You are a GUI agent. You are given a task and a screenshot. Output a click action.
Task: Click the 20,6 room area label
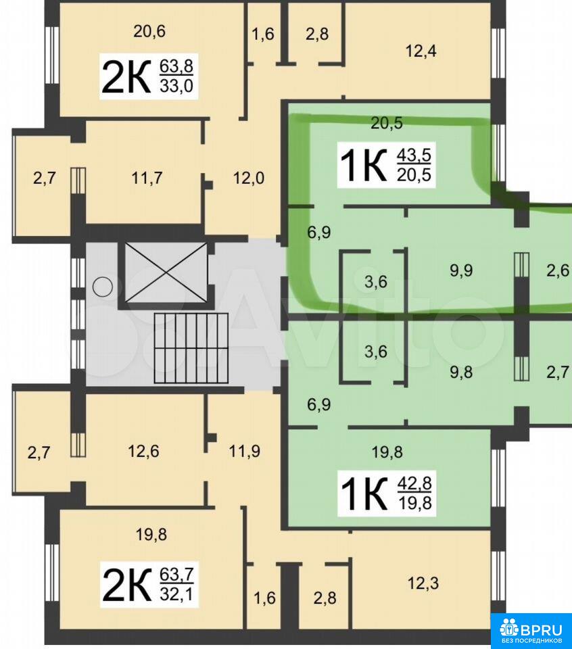pos(149,32)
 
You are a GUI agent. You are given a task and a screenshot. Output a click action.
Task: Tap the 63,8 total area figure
pos(176,66)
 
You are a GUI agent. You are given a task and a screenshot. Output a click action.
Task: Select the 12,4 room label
pos(421,51)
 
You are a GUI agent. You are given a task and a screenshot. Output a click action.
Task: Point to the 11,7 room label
pos(147,178)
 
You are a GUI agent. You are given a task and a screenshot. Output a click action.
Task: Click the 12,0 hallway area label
pos(248,178)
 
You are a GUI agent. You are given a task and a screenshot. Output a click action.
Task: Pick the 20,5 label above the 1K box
pos(387,123)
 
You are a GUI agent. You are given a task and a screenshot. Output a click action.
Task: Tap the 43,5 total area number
pos(414,155)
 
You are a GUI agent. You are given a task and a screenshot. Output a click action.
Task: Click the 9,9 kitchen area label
pos(461,270)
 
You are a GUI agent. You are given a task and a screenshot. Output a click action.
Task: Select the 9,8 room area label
pos(461,372)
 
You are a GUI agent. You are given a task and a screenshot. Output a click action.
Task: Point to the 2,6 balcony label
pos(558,270)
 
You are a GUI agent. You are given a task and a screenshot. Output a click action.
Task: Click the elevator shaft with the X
pos(166,272)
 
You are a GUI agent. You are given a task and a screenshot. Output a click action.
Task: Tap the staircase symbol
pos(191,348)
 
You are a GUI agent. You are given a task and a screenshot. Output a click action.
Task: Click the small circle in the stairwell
pos(102,287)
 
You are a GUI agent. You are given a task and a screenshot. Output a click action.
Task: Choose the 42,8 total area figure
pos(414,483)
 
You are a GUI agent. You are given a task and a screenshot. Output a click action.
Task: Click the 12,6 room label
pos(143,451)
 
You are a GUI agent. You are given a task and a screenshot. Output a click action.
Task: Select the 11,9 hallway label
pos(245,451)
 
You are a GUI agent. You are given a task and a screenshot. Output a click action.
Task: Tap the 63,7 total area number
pos(176,575)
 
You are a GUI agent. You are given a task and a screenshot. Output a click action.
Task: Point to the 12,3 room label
pos(423,583)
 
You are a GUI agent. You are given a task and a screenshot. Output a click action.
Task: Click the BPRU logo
pos(531,631)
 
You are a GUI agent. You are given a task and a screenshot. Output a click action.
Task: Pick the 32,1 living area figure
pos(176,595)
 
